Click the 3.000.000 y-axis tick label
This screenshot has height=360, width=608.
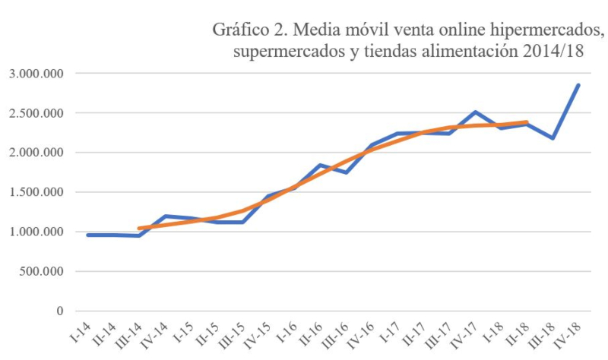[36, 74]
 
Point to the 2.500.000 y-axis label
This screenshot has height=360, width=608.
[36, 114]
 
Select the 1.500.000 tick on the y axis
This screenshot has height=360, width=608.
[36, 193]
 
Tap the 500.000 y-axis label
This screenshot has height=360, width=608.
[40, 272]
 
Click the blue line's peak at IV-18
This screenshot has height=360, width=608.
[578, 85]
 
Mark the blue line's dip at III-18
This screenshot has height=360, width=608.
[553, 138]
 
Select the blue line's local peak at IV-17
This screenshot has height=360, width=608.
[475, 112]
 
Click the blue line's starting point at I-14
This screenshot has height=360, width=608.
[88, 235]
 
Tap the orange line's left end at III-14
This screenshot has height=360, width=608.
[139, 229]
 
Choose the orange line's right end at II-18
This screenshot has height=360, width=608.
[527, 122]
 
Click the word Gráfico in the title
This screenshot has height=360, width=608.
[238, 32]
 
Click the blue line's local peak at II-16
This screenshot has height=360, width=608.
[320, 165]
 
